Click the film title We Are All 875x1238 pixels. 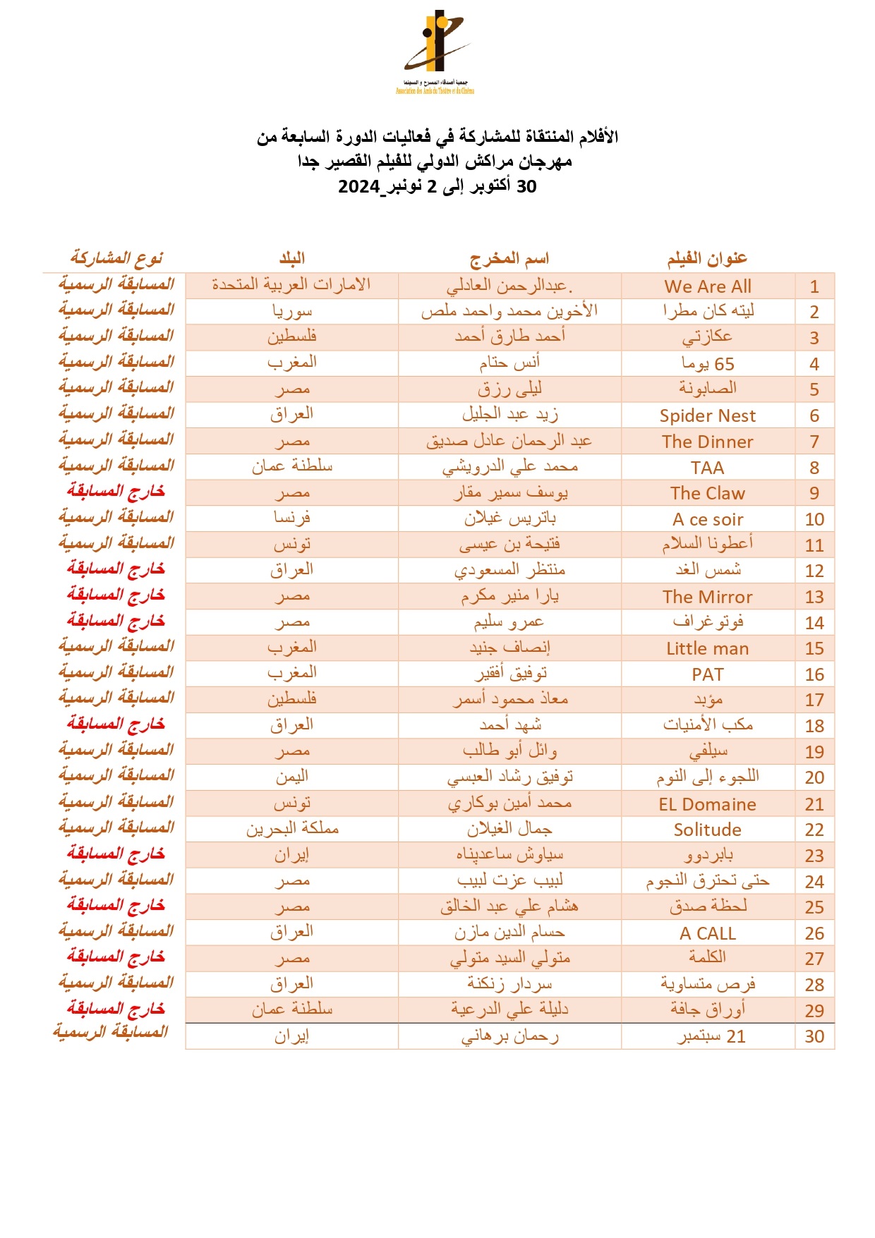point(708,286)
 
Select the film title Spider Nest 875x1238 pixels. point(708,415)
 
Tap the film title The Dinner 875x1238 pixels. point(708,442)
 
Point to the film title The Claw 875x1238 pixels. point(708,493)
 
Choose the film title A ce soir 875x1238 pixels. point(708,519)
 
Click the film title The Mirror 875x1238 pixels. point(708,597)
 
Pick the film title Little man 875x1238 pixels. point(708,648)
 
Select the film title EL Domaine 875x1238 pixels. point(708,804)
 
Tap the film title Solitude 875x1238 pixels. point(708,830)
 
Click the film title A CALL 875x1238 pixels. point(708,933)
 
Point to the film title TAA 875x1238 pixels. point(708,468)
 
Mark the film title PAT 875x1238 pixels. point(708,674)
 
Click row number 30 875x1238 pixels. point(814,1036)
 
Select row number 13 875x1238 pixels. point(814,597)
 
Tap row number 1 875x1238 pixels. point(814,286)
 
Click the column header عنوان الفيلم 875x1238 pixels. point(707,259)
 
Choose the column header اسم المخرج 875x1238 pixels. point(509,259)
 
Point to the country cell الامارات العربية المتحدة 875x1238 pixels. point(291,285)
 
